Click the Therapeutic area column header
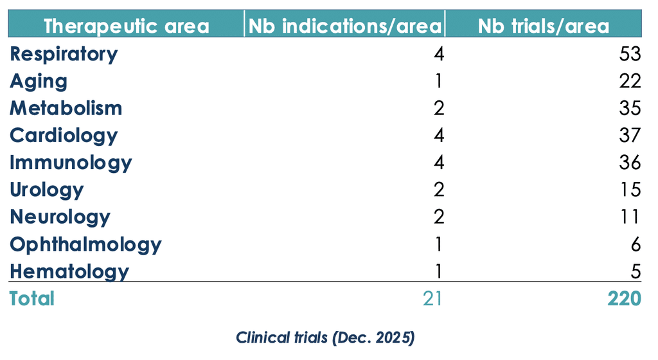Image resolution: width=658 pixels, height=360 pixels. pos(127,26)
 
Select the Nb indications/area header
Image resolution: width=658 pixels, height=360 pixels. pos(344,26)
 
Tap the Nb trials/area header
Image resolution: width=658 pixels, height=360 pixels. pos(544,26)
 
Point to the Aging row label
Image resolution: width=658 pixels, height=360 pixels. pos(38,82)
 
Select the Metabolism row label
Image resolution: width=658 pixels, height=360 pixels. pos(66,108)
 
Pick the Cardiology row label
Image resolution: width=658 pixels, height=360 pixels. pos(64,136)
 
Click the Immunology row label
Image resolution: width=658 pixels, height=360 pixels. pos(71,163)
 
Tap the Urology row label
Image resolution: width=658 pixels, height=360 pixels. pos(46,190)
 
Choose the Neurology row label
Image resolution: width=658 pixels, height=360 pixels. pos(60,217)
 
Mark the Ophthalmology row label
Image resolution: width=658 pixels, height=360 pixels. pos(85,245)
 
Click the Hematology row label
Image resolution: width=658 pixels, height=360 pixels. pos(69,271)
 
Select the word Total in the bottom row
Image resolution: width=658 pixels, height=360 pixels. pos(32,299)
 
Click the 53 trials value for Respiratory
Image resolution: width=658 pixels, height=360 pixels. pos(630,54)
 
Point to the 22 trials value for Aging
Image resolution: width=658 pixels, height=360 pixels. pos(630,81)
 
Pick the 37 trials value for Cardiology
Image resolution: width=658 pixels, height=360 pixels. pos(630,136)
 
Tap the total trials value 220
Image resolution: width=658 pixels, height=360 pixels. pos(625,299)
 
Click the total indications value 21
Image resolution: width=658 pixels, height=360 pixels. pos(432,299)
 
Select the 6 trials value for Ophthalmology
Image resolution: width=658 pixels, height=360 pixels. pos(636,244)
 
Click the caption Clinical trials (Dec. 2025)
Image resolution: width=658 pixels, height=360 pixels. pos(325,337)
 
